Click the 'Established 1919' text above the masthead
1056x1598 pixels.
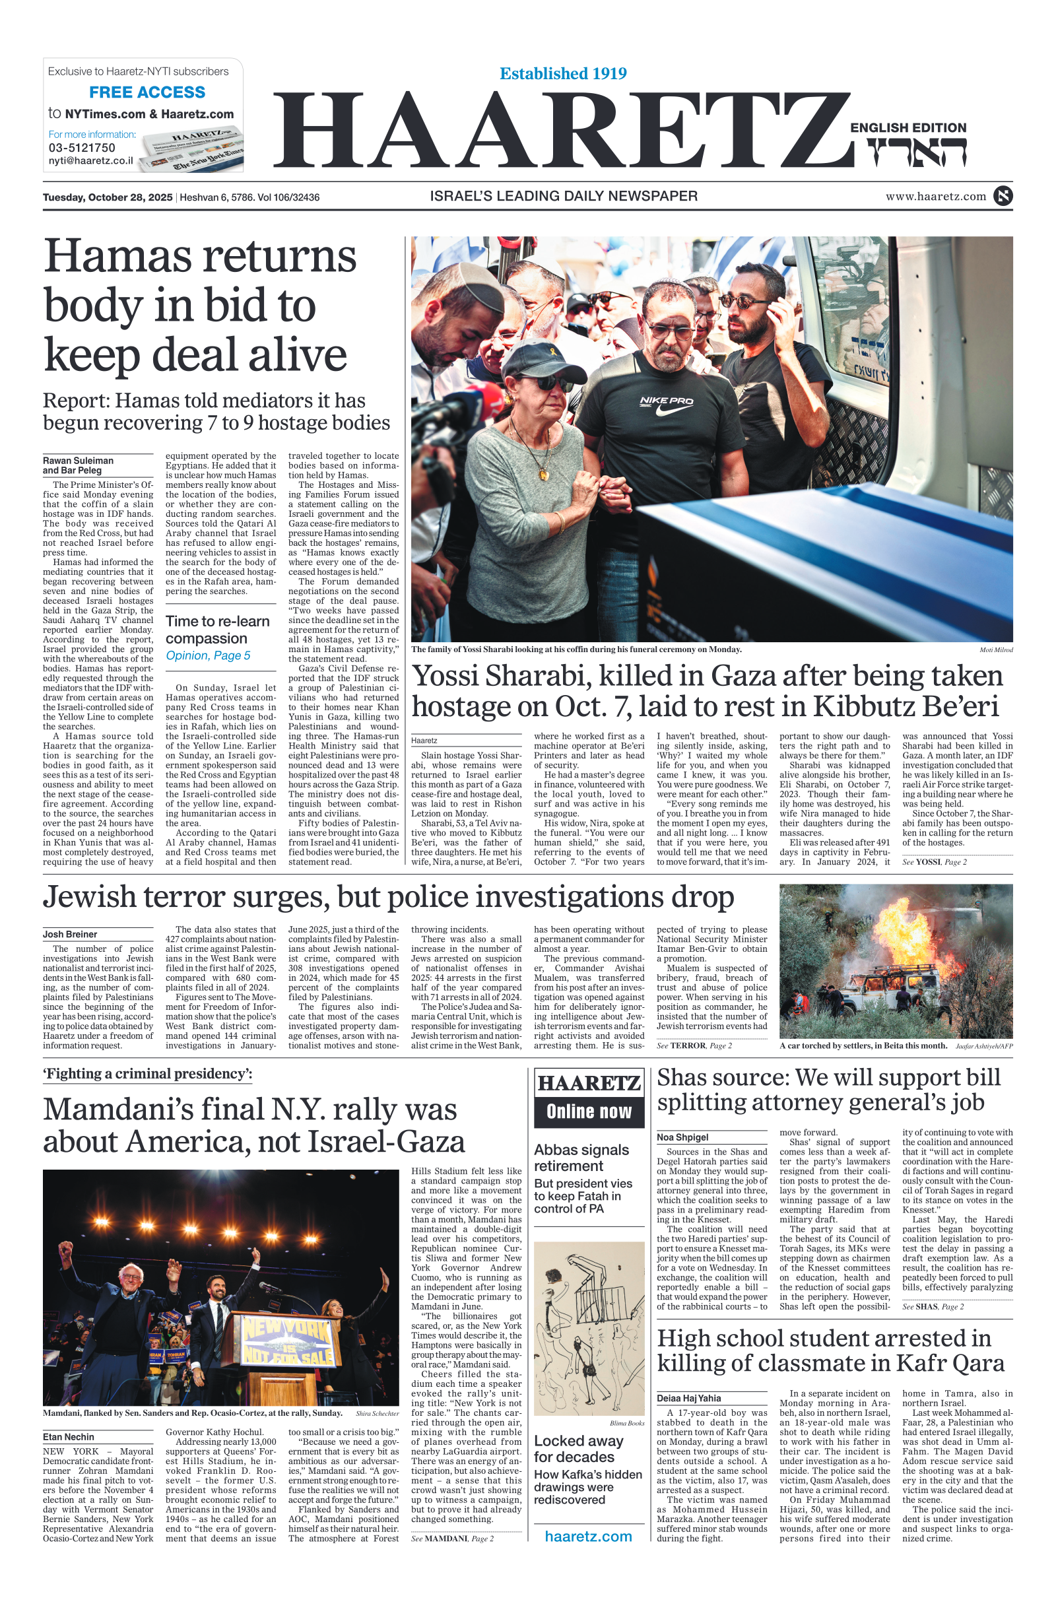point(563,73)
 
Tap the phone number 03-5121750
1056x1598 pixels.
point(81,147)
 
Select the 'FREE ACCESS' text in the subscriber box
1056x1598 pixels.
point(147,92)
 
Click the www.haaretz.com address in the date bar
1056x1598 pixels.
point(935,197)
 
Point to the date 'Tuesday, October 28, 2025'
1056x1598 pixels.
point(108,197)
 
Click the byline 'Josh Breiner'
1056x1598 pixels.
point(70,934)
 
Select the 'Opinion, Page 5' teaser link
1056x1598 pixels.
point(208,655)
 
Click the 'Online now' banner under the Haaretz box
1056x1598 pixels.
point(589,1111)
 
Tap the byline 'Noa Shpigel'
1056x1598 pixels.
point(682,1137)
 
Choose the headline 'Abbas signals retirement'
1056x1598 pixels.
point(581,1158)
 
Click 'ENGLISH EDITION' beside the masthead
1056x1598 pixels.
point(908,128)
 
